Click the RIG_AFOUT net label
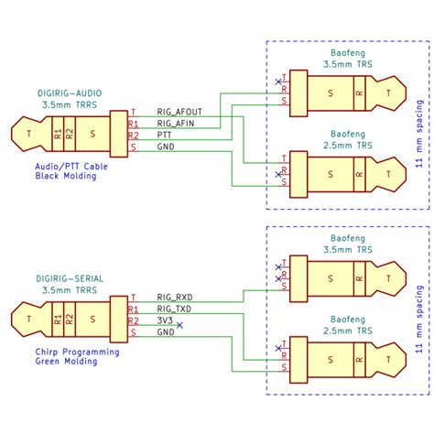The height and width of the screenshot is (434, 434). (179, 112)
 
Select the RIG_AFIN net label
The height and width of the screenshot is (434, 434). (176, 123)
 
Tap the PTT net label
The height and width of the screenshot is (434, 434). (166, 135)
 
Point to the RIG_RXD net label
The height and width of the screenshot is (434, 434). (174, 298)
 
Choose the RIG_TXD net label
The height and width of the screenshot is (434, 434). (174, 309)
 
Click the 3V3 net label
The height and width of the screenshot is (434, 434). (165, 321)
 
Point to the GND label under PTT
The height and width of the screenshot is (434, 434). (166, 146)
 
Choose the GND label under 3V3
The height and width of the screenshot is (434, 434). (166, 332)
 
